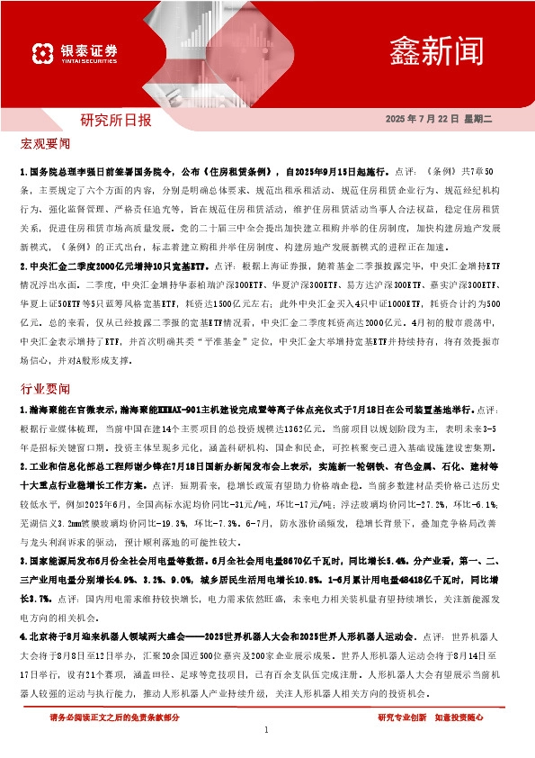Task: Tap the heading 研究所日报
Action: [116, 120]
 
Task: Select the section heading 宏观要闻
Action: [45, 143]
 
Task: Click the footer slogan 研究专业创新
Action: [403, 718]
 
